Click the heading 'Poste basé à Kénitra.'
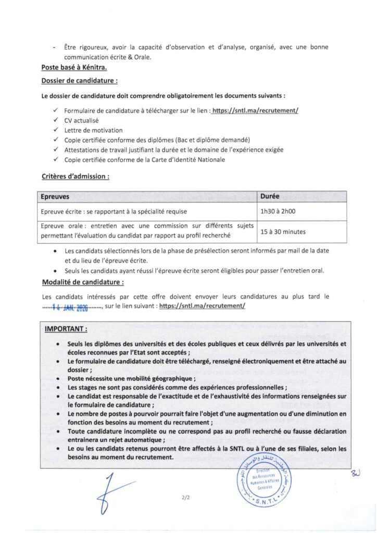tap(74, 67)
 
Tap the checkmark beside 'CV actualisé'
tap(56, 121)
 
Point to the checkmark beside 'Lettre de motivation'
tap(56, 130)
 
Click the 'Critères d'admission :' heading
tap(75, 176)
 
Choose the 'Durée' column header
tap(270, 196)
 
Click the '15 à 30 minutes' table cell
tap(283, 231)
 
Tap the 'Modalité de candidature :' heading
tap(82, 283)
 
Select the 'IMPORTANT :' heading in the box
tap(66, 329)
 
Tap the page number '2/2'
tap(186, 498)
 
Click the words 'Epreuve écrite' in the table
tap(61, 211)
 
